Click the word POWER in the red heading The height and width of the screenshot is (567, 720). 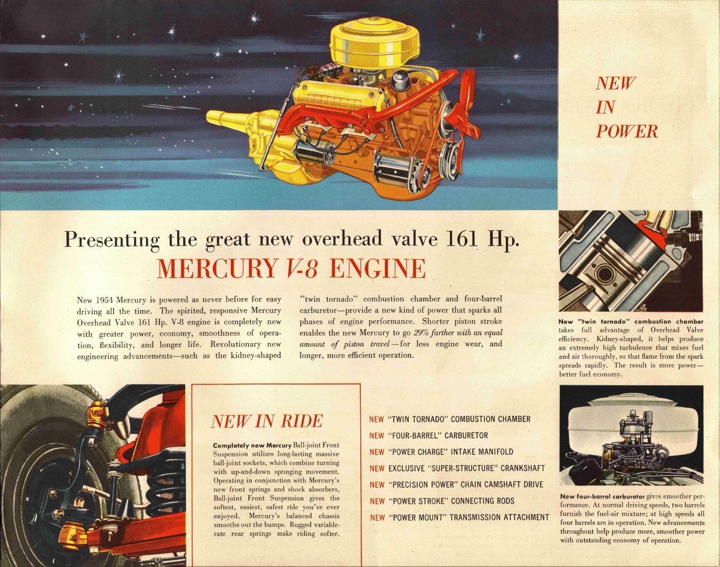[x=626, y=131]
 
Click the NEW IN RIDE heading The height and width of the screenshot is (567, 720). [x=266, y=421]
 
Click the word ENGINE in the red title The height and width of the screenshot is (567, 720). [x=378, y=269]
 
